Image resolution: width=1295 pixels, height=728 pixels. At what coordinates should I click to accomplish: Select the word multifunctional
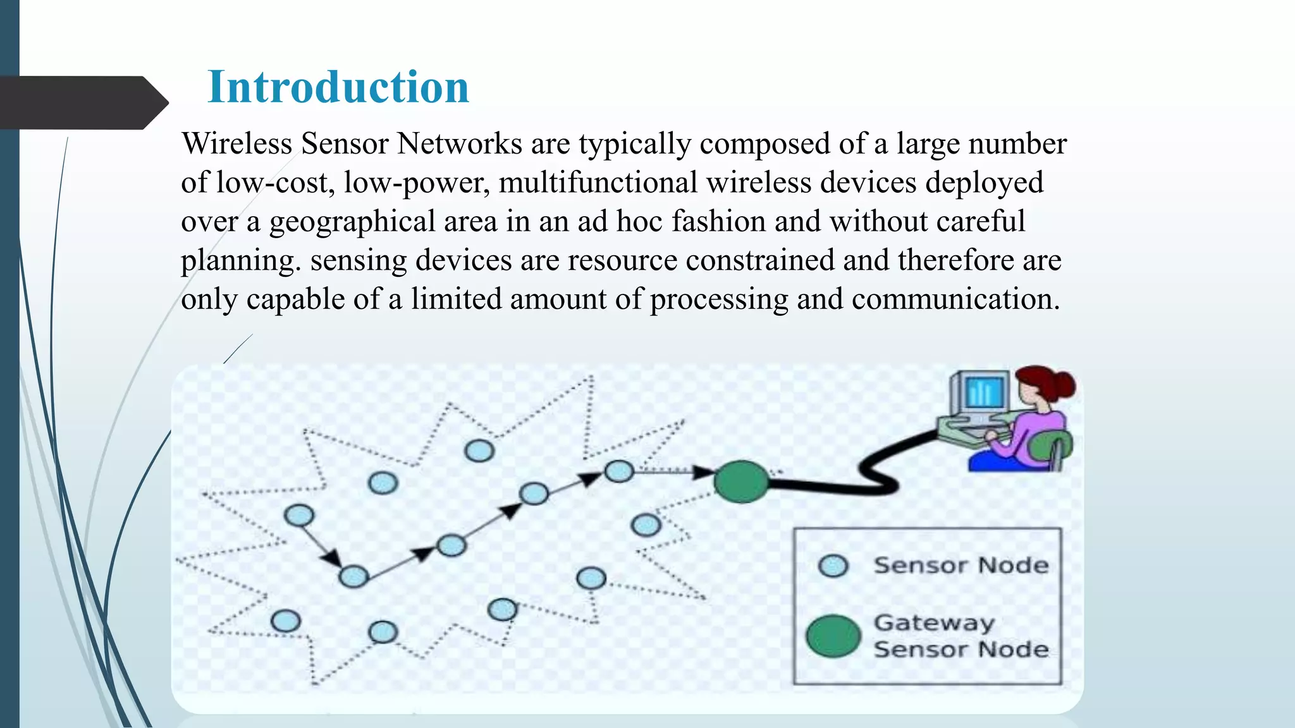[598, 183]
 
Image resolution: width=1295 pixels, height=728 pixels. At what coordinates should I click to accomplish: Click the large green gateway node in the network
[741, 482]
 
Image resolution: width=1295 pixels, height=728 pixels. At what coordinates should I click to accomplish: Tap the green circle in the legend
[833, 636]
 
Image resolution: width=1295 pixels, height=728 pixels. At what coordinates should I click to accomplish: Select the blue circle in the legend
[833, 566]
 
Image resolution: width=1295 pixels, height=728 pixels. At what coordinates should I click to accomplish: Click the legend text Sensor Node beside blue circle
[961, 565]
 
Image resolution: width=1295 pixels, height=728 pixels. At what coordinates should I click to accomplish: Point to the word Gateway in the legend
[934, 623]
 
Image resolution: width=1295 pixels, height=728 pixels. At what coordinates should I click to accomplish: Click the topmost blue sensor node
[479, 451]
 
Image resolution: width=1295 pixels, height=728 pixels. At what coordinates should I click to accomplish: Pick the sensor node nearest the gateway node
[618, 471]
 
